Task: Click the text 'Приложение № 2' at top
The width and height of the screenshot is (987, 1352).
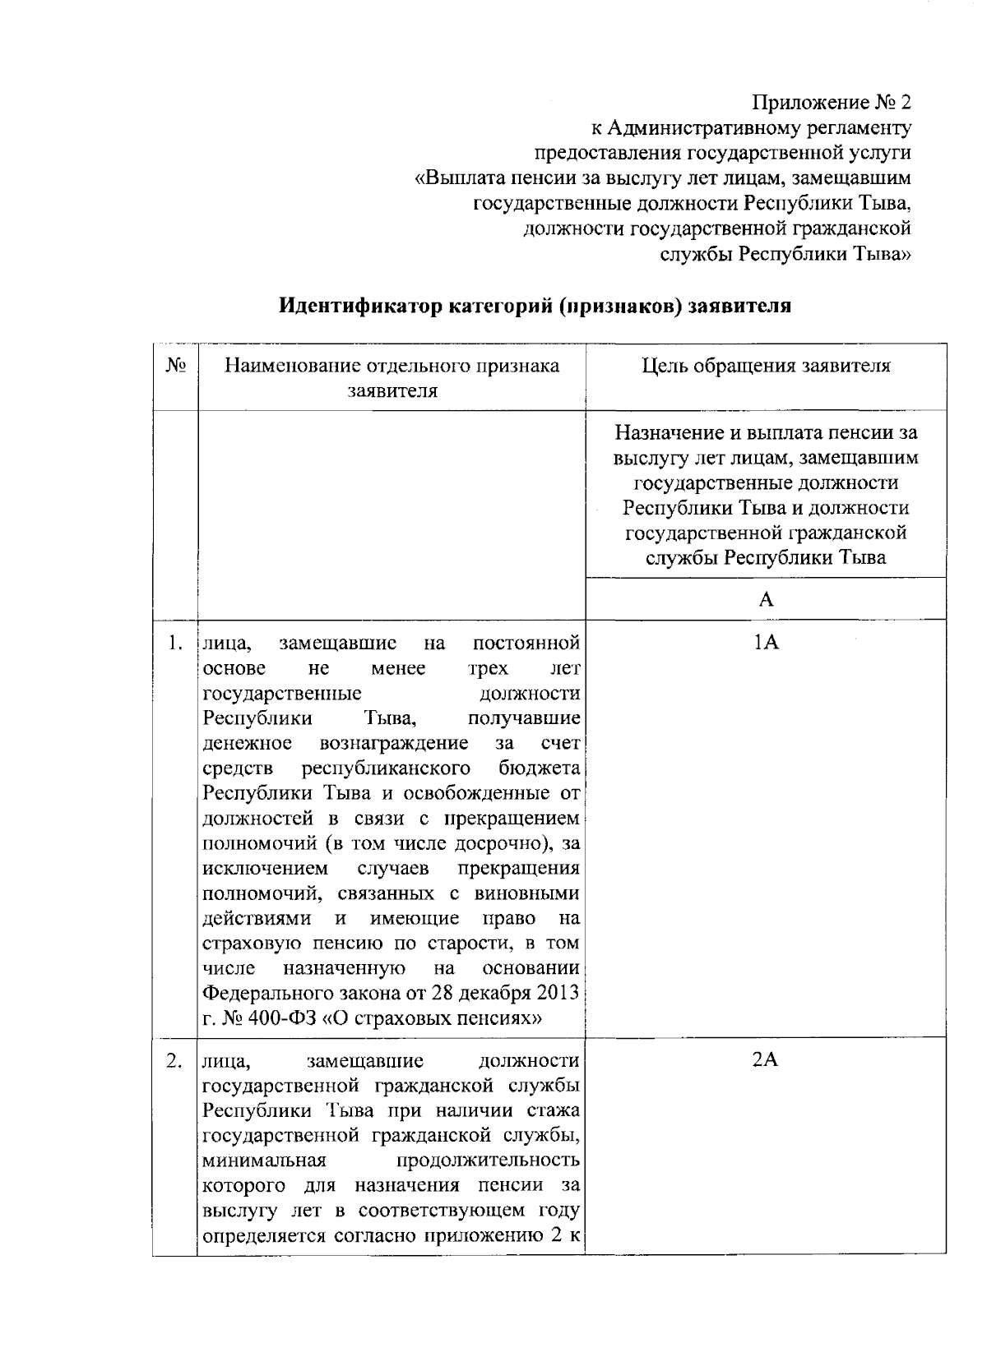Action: tap(832, 104)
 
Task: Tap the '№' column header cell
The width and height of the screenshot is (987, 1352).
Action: tap(174, 366)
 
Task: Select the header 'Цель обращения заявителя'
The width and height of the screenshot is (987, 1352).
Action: tap(766, 366)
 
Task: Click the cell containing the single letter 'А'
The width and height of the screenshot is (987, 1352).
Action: tap(766, 599)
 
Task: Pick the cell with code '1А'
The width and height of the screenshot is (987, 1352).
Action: tap(766, 642)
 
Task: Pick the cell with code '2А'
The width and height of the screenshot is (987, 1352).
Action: tap(766, 1059)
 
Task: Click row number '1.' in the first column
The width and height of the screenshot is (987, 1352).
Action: tap(174, 642)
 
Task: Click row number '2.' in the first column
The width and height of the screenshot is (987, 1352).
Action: tap(174, 1059)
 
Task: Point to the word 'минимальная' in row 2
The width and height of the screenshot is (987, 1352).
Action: tap(265, 1161)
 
